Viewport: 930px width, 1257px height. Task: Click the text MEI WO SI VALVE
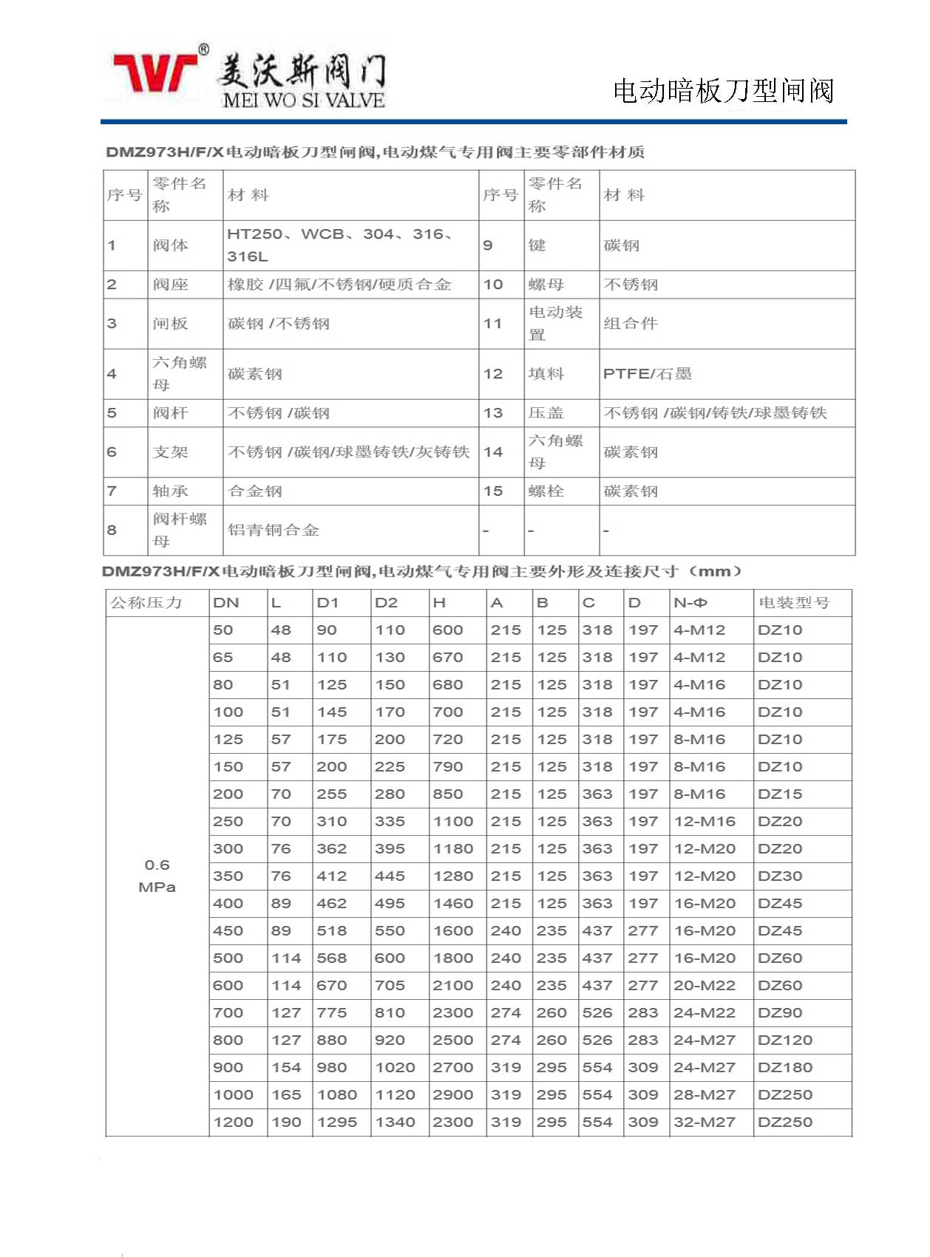coord(303,100)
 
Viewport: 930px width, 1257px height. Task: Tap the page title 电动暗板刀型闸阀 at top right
coord(723,91)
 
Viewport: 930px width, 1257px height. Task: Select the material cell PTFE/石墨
coord(647,374)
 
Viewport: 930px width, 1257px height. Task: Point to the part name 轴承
coord(170,491)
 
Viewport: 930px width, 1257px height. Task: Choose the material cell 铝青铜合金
coord(273,530)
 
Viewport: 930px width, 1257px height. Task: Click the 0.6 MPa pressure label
coord(157,876)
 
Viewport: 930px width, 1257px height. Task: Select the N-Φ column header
coord(690,603)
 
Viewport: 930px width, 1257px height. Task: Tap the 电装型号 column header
coord(794,603)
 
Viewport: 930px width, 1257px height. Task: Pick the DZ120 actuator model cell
coord(784,1040)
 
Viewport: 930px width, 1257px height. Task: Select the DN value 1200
coord(233,1123)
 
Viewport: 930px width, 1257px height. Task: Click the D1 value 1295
coord(336,1123)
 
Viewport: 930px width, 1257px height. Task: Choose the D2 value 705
coord(390,986)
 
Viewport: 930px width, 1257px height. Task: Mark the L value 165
coord(286,1095)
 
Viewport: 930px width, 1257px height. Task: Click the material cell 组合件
coord(630,324)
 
